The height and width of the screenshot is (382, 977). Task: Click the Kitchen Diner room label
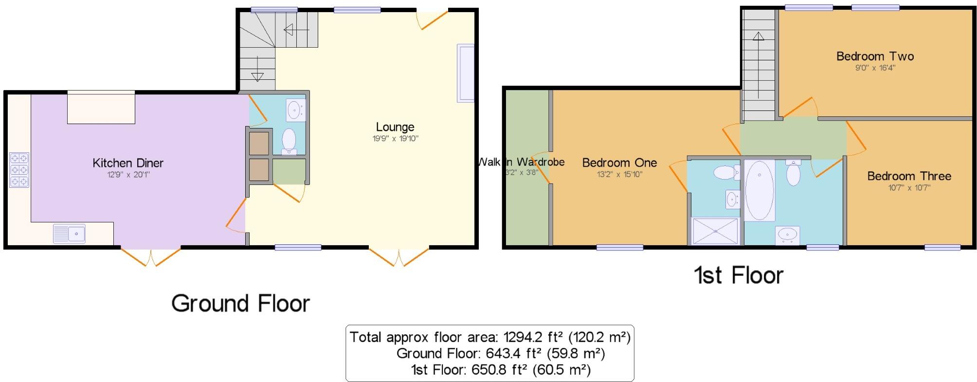click(128, 163)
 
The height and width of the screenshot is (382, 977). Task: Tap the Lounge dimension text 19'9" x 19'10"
click(395, 139)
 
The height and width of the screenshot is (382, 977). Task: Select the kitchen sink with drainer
click(69, 234)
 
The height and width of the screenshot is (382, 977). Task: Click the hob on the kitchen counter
click(19, 170)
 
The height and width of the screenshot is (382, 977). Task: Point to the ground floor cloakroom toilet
click(289, 140)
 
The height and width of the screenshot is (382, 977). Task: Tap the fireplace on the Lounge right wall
click(465, 73)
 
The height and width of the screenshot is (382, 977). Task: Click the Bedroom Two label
click(875, 56)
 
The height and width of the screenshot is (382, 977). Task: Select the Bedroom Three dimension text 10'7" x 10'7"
click(909, 187)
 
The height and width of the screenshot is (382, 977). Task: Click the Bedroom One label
click(619, 163)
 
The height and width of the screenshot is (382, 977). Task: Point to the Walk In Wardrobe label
click(522, 162)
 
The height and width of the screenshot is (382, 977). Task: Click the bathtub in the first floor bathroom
click(759, 190)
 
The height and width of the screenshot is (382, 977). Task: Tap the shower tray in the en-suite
click(715, 231)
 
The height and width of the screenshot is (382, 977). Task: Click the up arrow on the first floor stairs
click(758, 36)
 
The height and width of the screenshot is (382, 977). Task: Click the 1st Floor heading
click(738, 275)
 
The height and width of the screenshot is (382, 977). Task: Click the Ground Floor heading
click(240, 304)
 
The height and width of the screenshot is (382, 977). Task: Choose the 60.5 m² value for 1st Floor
click(561, 370)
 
